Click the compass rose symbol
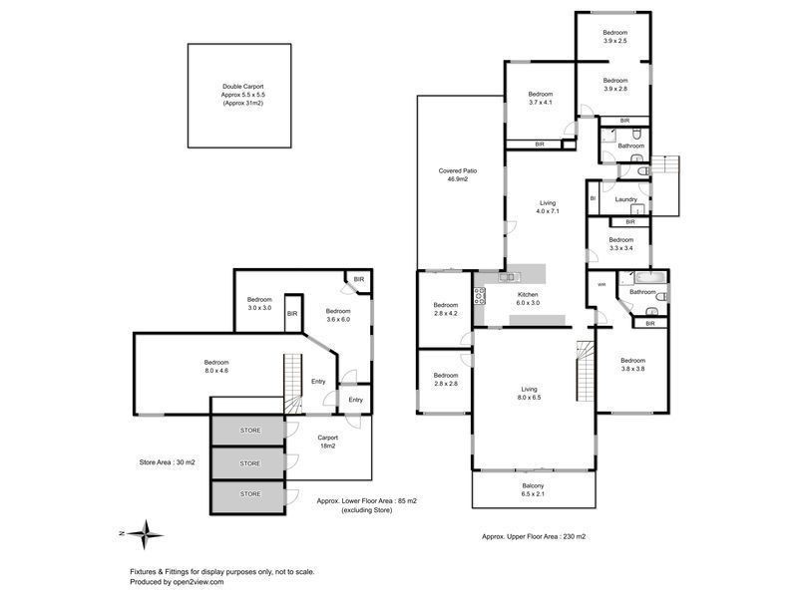point(147,533)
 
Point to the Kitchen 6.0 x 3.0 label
point(528,300)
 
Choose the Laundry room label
point(626,199)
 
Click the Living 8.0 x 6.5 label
point(529,394)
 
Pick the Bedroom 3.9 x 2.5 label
point(614,36)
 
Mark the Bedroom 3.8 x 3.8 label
point(632,365)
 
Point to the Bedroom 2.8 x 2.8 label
point(446,379)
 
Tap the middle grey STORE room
point(249,462)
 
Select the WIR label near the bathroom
point(601,284)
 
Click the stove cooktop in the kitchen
point(479,296)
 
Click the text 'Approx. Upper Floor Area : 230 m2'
point(534,536)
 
